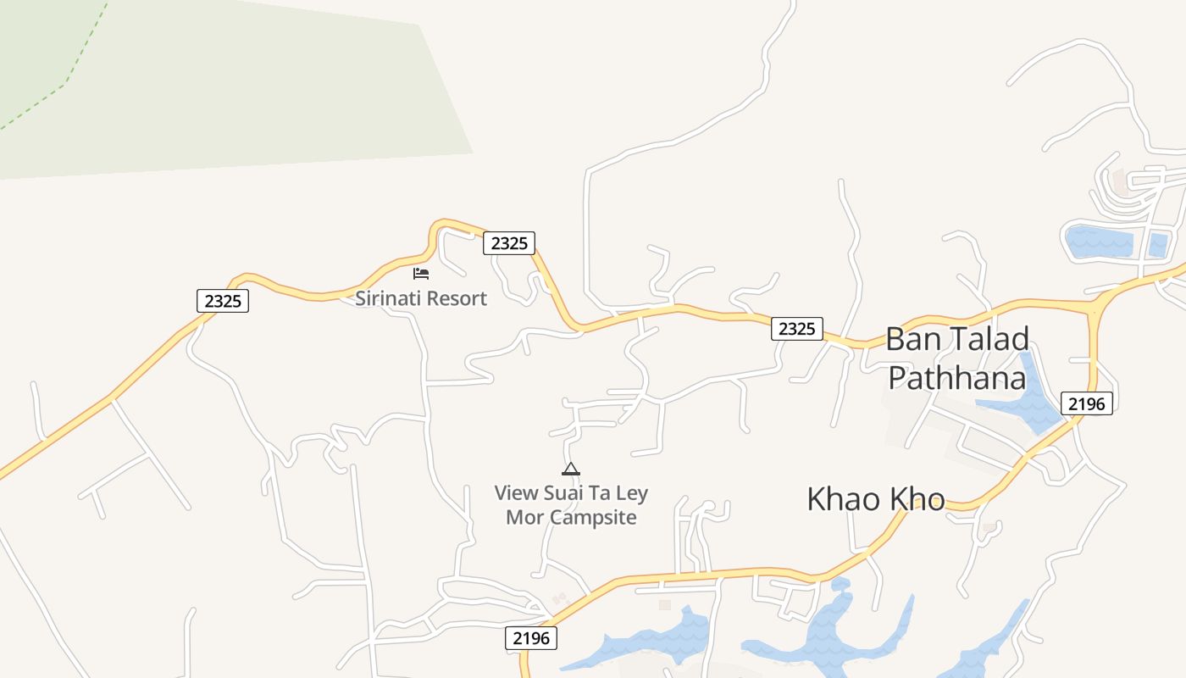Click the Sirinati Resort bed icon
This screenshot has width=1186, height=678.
421,273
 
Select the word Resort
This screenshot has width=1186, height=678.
458,298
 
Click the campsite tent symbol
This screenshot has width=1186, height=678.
571,469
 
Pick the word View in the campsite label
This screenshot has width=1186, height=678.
517,493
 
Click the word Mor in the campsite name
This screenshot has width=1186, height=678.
524,517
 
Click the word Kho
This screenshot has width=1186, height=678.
917,499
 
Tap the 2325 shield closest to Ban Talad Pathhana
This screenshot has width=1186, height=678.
796,329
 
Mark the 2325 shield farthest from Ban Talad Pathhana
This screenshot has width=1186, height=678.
223,300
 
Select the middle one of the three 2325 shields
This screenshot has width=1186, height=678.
509,243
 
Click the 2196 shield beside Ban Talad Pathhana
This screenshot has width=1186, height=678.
1086,403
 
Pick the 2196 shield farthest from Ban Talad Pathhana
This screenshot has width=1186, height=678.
532,637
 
